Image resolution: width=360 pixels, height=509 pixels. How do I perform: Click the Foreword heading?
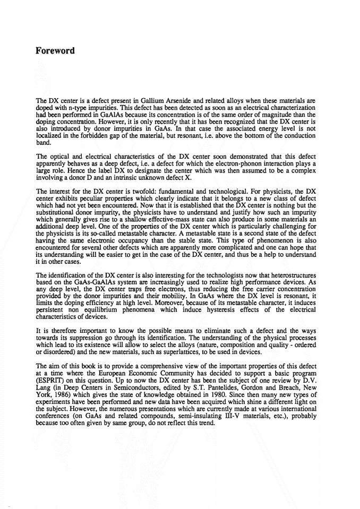pos(55,51)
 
